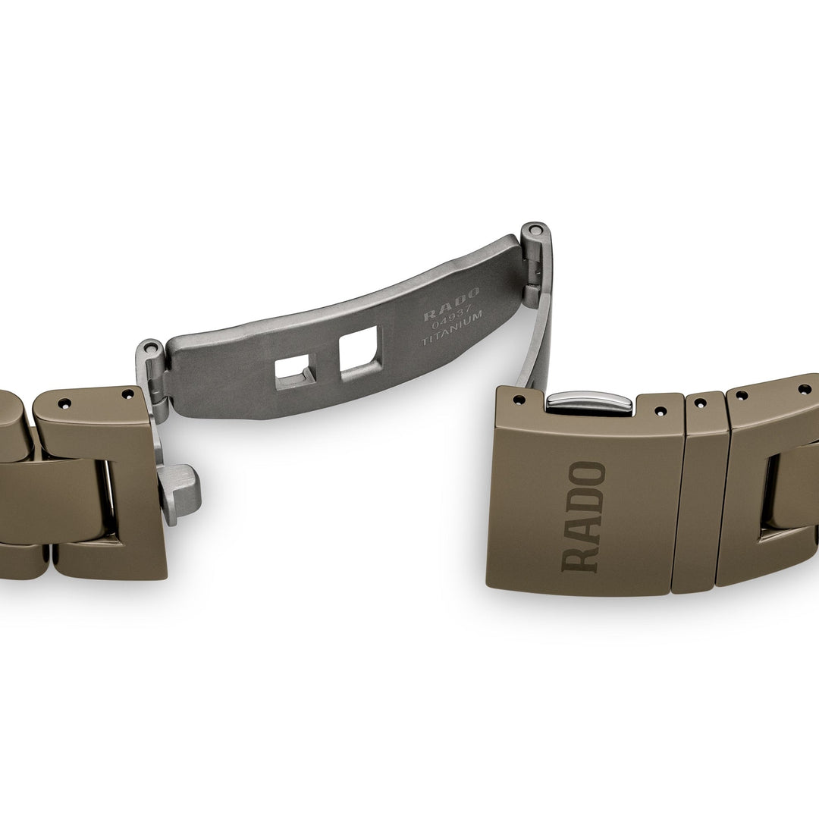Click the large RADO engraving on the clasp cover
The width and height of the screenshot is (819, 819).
tap(583, 516)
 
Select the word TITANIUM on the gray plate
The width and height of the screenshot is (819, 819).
tap(452, 328)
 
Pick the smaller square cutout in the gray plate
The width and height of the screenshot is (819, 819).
tap(295, 371)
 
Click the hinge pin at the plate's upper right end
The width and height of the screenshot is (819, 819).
tap(534, 230)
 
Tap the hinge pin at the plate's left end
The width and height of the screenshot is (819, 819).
tap(149, 347)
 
